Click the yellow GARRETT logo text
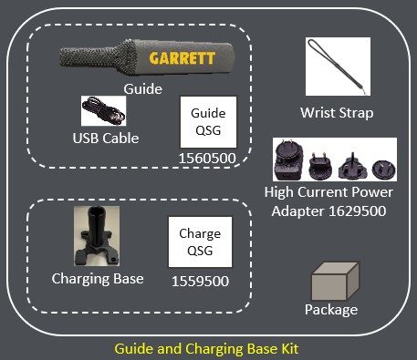(x=182, y=58)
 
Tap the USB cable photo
(x=103, y=111)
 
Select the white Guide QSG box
(x=208, y=122)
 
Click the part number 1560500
(x=207, y=159)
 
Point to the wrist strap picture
(x=338, y=67)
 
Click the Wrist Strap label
(x=337, y=113)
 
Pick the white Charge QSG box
(x=200, y=242)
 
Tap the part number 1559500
(x=201, y=282)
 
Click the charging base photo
(x=97, y=236)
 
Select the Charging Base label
(x=98, y=279)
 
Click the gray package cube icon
(x=335, y=282)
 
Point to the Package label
(x=331, y=310)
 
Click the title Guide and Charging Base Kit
(x=206, y=349)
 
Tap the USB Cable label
(x=106, y=139)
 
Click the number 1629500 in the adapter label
(x=358, y=211)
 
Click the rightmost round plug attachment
(x=384, y=170)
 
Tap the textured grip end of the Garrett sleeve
(x=98, y=56)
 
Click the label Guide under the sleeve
(x=142, y=89)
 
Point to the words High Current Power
(x=328, y=192)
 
